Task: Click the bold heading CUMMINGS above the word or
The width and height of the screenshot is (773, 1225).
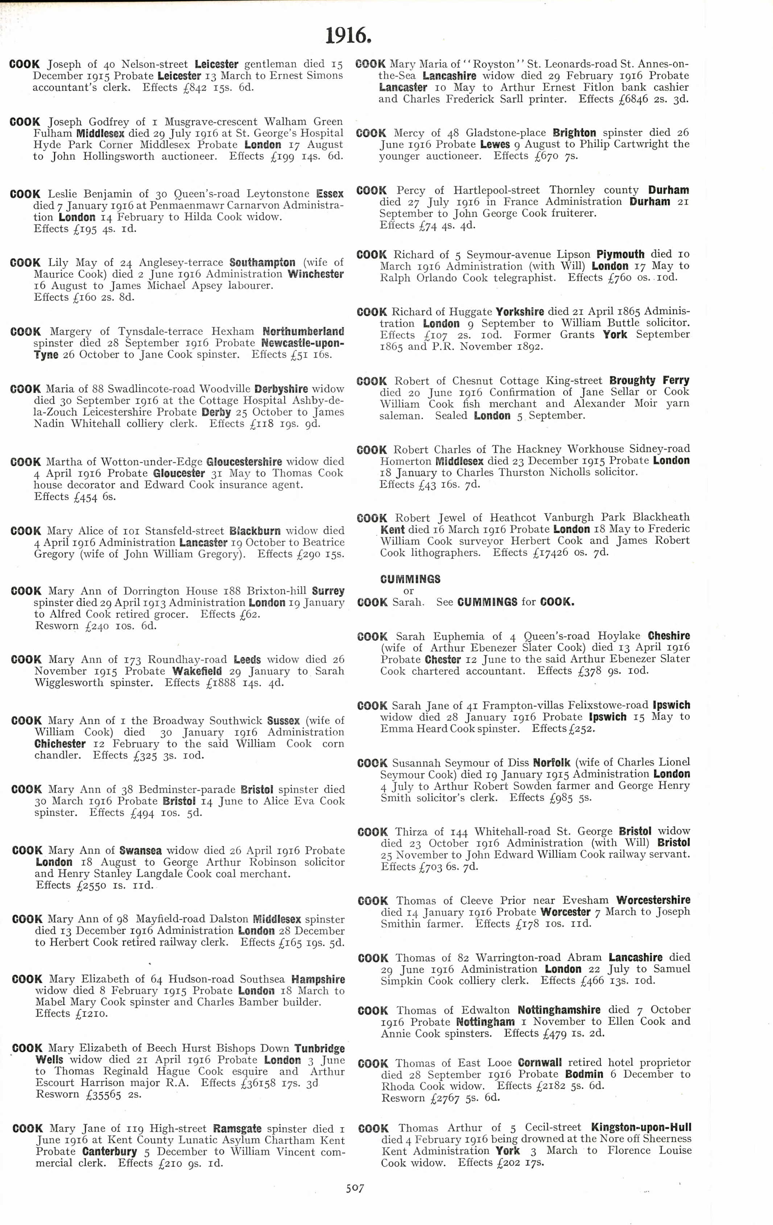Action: tap(410, 579)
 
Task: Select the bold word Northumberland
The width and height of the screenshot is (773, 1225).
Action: tap(303, 332)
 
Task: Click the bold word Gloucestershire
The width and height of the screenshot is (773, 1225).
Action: tap(244, 462)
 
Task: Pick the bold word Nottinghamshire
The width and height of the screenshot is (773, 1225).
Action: tap(559, 1010)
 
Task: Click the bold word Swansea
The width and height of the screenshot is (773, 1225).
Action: tap(141, 851)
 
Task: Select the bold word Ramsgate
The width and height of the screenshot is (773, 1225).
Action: tap(237, 1128)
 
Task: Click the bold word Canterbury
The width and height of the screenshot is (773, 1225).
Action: tap(109, 1152)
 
